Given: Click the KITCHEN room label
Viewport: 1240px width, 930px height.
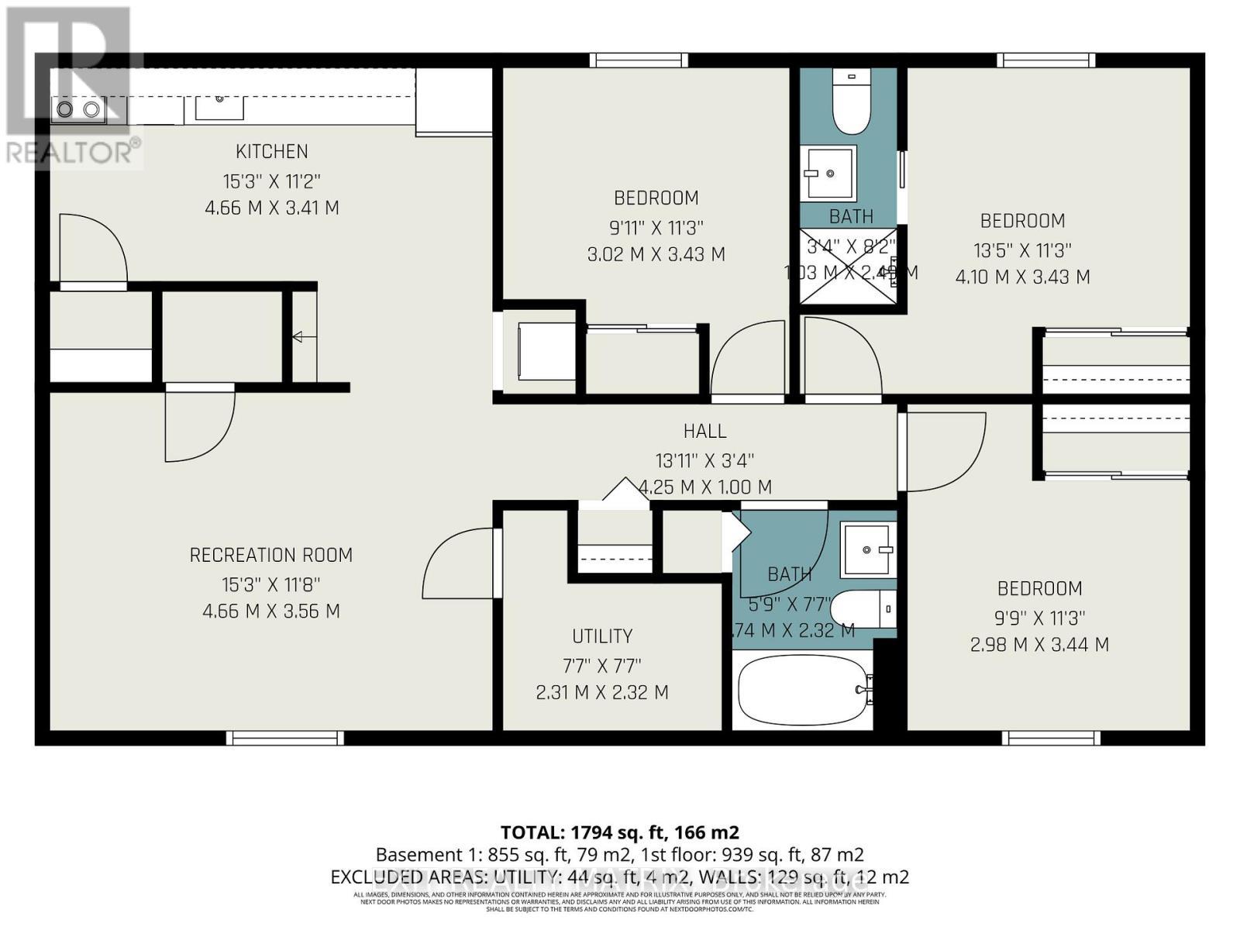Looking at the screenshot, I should point(271,151).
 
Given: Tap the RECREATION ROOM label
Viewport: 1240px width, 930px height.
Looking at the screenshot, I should point(271,555).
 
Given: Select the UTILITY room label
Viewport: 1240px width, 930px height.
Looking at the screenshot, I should point(602,636).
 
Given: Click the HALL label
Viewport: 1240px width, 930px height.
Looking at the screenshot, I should point(704,431).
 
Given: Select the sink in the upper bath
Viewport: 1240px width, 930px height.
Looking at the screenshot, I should point(828,172).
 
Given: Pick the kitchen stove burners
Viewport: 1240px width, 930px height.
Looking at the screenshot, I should point(78,110).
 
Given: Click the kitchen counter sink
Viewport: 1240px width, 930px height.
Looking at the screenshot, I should point(219,104).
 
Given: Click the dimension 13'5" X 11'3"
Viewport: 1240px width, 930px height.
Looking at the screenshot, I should point(1022,250).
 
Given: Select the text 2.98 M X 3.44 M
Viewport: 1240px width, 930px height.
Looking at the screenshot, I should point(1039,644).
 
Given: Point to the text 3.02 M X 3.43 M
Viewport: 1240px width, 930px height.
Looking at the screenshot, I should point(656,254).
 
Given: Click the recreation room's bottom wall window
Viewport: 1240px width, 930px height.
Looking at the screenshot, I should point(285,738).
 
